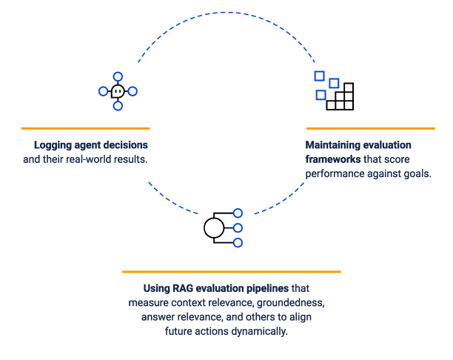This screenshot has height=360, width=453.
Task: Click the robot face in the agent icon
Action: click(118, 91)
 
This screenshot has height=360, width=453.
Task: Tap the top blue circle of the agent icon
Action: click(118, 76)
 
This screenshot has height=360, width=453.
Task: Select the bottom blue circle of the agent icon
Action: click(118, 106)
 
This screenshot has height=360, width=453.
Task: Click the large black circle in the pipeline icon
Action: click(214, 228)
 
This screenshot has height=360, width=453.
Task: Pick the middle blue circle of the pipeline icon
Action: click(238, 228)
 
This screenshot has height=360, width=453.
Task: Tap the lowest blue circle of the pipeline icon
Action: click(238, 243)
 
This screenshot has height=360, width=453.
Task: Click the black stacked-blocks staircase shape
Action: click(340, 96)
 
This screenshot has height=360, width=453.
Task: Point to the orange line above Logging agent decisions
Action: click(86, 128)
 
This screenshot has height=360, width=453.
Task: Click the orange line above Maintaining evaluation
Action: click(371, 128)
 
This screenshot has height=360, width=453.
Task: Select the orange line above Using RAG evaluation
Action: click(232, 272)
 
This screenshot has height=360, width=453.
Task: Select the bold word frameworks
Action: click(333, 159)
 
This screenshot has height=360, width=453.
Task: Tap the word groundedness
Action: click(291, 303)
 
